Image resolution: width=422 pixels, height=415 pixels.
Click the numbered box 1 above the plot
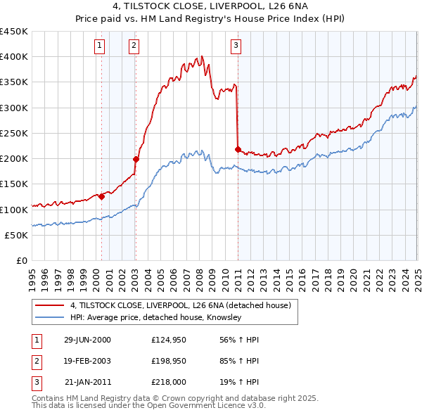click(x=99, y=46)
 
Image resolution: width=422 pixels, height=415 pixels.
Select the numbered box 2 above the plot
click(x=134, y=46)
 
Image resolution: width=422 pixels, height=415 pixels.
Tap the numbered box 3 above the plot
click(x=236, y=46)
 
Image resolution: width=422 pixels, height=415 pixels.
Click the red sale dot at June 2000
click(x=101, y=197)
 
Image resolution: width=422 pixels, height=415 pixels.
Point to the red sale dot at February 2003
click(x=136, y=159)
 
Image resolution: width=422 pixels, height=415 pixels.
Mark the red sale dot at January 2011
click(x=238, y=149)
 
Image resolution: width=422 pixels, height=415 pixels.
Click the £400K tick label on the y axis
click(x=14, y=57)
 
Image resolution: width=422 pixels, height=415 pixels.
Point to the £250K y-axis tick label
click(x=14, y=133)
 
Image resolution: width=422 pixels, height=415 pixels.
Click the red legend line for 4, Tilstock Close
click(x=49, y=305)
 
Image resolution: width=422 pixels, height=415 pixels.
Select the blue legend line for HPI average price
click(x=49, y=318)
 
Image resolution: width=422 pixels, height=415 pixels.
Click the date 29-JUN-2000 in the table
click(x=87, y=340)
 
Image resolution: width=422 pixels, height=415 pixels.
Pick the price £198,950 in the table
click(x=167, y=362)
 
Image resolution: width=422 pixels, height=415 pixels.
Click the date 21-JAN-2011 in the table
click(x=87, y=383)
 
